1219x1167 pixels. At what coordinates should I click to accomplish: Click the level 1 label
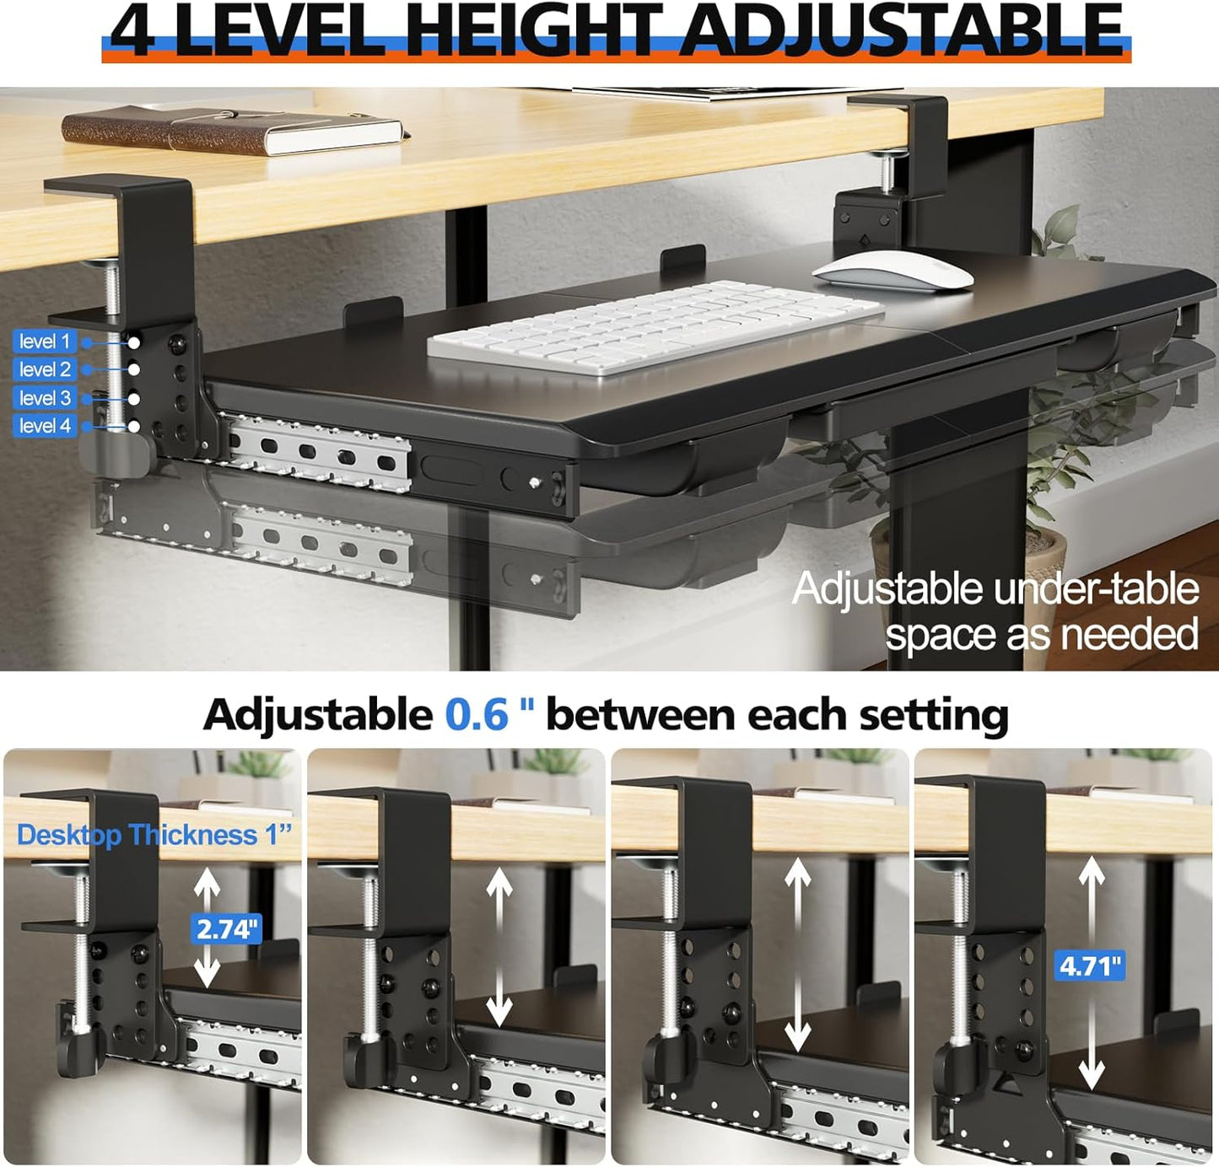pyautogui.click(x=45, y=341)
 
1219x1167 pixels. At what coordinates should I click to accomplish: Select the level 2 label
pyautogui.click(x=45, y=369)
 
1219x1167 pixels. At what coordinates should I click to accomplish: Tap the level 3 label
pyautogui.click(x=45, y=398)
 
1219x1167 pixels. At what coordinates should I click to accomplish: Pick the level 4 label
pyautogui.click(x=45, y=426)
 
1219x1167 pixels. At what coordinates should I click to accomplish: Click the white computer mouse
pyautogui.click(x=893, y=272)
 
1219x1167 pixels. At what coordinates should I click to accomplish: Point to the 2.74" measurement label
pyautogui.click(x=225, y=929)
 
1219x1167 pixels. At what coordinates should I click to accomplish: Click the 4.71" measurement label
pyautogui.click(x=1090, y=965)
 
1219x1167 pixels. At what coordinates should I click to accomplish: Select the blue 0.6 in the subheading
pyautogui.click(x=477, y=715)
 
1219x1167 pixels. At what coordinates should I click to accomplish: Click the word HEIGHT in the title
pyautogui.click(x=538, y=30)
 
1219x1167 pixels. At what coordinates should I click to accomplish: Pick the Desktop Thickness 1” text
pyautogui.click(x=154, y=835)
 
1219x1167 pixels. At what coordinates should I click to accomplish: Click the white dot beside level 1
pyautogui.click(x=134, y=342)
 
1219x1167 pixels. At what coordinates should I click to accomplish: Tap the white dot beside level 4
pyautogui.click(x=134, y=427)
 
